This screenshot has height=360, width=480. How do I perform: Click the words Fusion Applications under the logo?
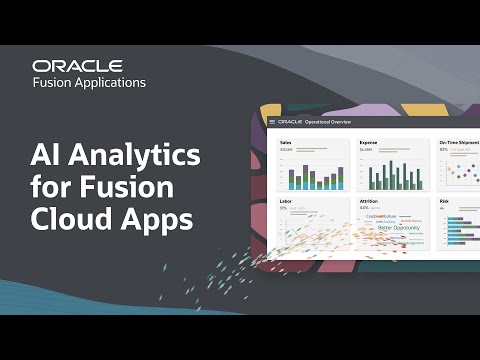point(89,82)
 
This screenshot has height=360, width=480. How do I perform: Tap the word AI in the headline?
point(46,155)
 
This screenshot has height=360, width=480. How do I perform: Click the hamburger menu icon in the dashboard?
point(272,122)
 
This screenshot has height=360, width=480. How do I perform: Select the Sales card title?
point(288,143)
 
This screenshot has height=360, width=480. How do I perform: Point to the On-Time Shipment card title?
point(458,143)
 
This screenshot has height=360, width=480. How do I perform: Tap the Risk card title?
point(445,201)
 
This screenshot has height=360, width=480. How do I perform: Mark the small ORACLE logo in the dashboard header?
point(290,122)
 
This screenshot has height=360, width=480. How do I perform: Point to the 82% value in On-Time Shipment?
point(445,150)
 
